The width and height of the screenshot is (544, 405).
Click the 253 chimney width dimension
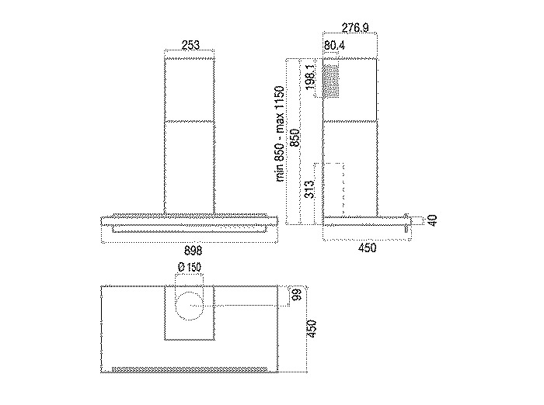point(190,45)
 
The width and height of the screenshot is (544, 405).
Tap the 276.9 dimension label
point(355,28)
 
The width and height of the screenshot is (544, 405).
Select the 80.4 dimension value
point(334,45)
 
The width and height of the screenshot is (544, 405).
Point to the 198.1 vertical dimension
point(311,77)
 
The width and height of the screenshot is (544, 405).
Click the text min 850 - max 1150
point(280,133)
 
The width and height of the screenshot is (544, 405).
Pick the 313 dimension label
point(309,189)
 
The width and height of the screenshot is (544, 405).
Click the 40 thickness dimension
point(432,220)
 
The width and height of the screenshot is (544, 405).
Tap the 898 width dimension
point(192,250)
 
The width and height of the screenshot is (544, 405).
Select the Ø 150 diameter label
point(190,267)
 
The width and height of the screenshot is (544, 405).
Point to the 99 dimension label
point(298,294)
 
